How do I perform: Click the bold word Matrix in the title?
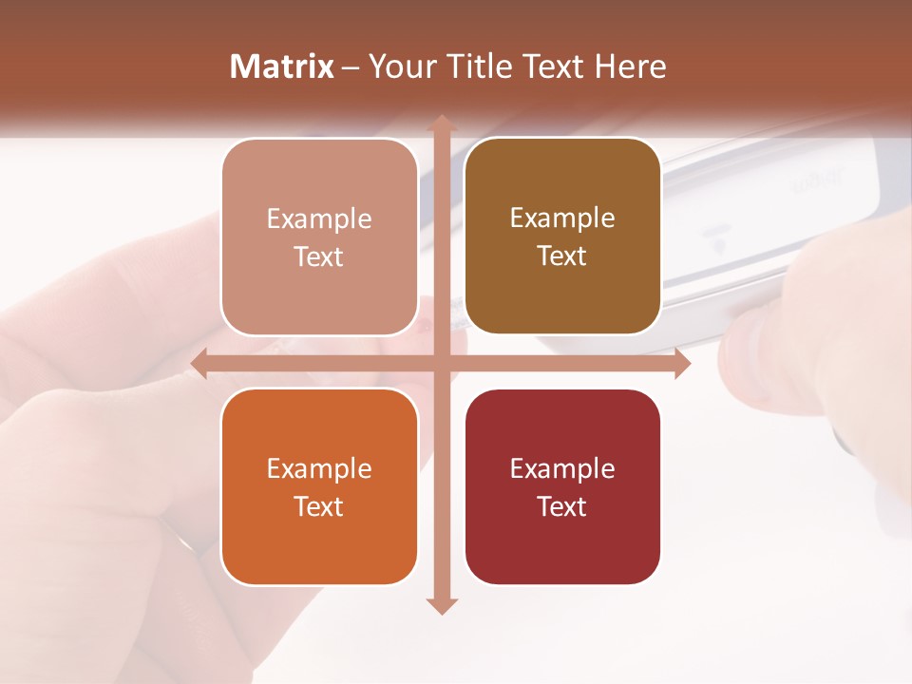tap(282, 66)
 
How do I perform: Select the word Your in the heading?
tap(400, 66)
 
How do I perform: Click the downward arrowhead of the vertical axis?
tap(441, 605)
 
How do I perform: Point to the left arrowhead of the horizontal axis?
tap(199, 364)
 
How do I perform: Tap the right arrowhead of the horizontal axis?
tap(681, 364)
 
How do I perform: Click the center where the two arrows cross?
tap(441, 364)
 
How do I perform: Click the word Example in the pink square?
tap(319, 219)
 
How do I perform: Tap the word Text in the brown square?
tap(562, 256)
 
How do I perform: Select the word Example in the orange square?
tap(319, 469)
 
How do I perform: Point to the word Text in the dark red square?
tap(562, 506)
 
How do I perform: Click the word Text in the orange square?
tap(319, 506)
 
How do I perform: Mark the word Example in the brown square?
tap(562, 218)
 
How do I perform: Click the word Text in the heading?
tap(556, 66)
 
